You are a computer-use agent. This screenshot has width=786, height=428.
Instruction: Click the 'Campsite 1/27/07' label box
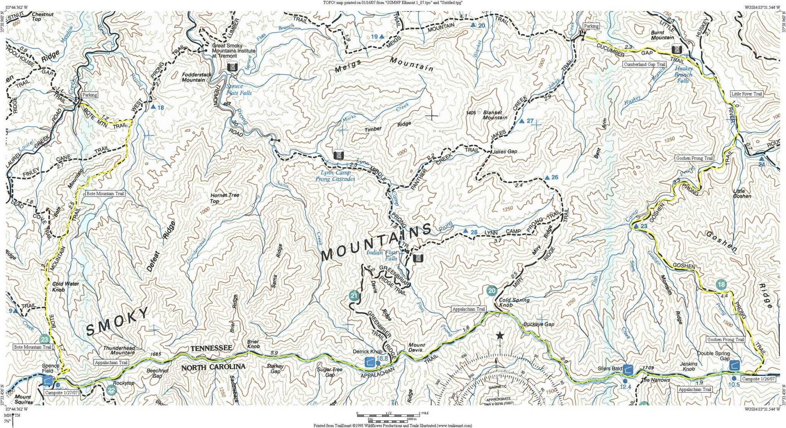(61, 393)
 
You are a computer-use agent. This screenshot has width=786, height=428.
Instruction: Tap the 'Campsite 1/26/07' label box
(758, 379)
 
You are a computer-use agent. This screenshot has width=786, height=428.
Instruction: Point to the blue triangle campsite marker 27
(522, 121)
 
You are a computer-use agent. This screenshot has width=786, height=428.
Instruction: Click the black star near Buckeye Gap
(500, 336)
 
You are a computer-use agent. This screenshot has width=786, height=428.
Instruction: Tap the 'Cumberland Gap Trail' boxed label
(644, 64)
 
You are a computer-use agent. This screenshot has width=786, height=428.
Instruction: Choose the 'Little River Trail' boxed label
(746, 94)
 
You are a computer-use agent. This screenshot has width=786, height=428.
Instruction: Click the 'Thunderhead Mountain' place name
(119, 350)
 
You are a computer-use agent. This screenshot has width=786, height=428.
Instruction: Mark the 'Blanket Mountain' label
(492, 115)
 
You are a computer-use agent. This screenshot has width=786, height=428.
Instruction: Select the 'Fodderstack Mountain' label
(196, 77)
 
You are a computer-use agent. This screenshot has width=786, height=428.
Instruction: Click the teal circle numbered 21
(354, 296)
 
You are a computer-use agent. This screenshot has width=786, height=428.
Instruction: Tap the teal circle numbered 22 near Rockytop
(111, 391)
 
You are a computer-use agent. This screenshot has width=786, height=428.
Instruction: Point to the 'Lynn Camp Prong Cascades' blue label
(335, 176)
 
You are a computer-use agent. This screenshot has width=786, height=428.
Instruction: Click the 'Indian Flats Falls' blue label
(382, 255)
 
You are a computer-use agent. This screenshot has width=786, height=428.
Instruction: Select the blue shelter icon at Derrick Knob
(370, 361)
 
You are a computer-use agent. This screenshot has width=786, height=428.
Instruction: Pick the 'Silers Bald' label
(609, 369)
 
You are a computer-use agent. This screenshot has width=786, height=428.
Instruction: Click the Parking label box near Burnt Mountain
(591, 26)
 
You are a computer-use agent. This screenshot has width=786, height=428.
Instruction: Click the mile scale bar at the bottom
(388, 415)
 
